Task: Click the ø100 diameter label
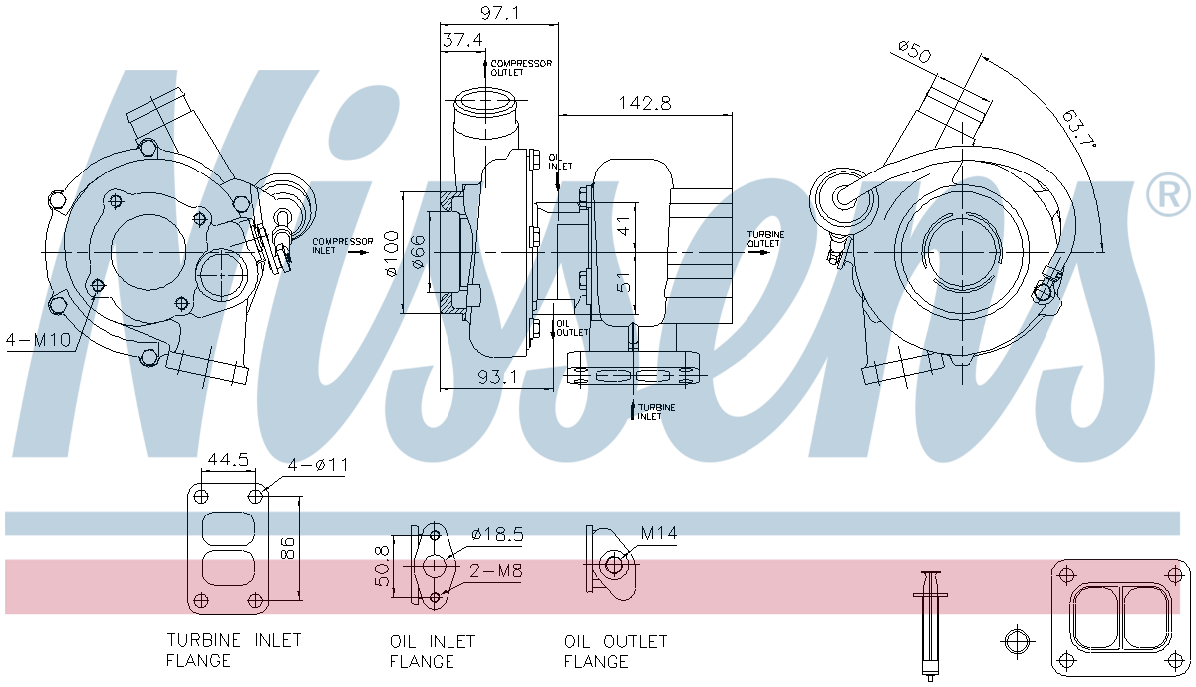(x=392, y=255)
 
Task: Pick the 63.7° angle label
(x=1076, y=130)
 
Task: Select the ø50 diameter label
(x=913, y=51)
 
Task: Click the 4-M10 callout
(x=38, y=340)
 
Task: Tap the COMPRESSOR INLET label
(x=342, y=246)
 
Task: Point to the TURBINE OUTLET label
(x=764, y=239)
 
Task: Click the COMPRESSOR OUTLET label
(x=520, y=67)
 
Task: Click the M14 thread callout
(x=658, y=534)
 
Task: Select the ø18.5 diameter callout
(x=497, y=534)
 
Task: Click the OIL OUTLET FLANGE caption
(x=615, y=651)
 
